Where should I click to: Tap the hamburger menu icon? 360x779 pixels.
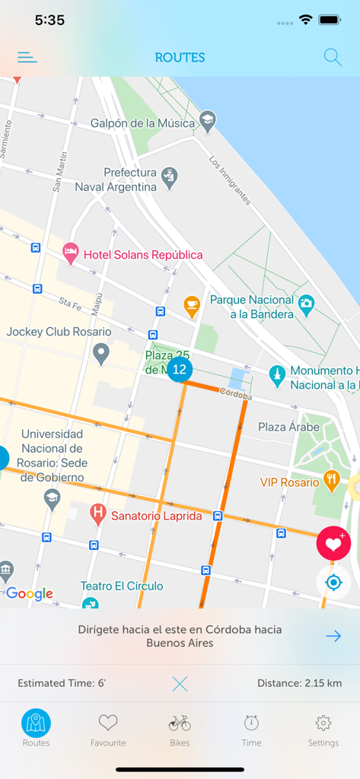click(27, 57)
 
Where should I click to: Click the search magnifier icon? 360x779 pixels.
click(333, 57)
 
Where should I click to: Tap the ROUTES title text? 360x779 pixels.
click(180, 57)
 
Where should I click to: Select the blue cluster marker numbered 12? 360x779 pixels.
click(179, 370)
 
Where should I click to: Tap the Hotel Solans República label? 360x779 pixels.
click(143, 255)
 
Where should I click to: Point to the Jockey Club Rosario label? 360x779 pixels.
click(59, 332)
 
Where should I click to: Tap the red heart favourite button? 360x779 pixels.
click(333, 543)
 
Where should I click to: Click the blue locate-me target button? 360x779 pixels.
click(333, 583)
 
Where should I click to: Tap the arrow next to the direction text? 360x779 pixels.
click(333, 636)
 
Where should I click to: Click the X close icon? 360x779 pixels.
click(180, 683)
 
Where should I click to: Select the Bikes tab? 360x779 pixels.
click(180, 730)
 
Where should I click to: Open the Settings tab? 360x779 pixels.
click(323, 730)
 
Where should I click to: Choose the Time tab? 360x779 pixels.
click(251, 730)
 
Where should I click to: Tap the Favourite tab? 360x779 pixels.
click(108, 730)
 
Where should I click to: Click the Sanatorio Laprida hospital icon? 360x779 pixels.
click(97, 515)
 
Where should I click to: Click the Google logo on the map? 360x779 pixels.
click(30, 594)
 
